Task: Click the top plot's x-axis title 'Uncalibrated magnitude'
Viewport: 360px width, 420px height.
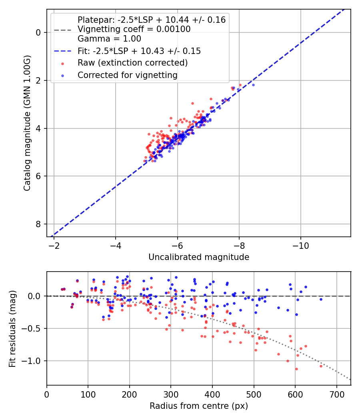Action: click(x=199, y=257)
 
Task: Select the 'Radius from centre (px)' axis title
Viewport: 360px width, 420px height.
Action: click(x=199, y=406)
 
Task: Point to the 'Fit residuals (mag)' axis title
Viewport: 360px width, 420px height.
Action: click(x=12, y=329)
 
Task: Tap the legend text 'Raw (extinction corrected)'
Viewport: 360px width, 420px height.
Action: click(x=132, y=63)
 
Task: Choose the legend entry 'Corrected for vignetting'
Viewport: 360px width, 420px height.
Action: click(x=127, y=75)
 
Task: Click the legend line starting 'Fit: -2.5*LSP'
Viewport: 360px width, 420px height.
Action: click(x=139, y=51)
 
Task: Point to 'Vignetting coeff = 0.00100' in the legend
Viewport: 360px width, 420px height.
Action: click(x=134, y=29)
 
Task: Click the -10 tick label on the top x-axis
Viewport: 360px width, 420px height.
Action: click(x=301, y=245)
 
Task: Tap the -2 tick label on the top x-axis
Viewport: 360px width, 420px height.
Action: click(x=54, y=245)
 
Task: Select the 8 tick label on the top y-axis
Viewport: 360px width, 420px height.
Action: click(x=38, y=224)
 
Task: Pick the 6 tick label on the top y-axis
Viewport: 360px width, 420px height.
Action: click(x=38, y=176)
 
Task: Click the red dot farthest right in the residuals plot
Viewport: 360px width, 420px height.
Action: click(x=321, y=366)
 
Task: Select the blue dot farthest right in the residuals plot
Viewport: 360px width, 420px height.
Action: click(x=321, y=299)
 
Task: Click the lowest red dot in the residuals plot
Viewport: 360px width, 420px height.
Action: click(x=296, y=369)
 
